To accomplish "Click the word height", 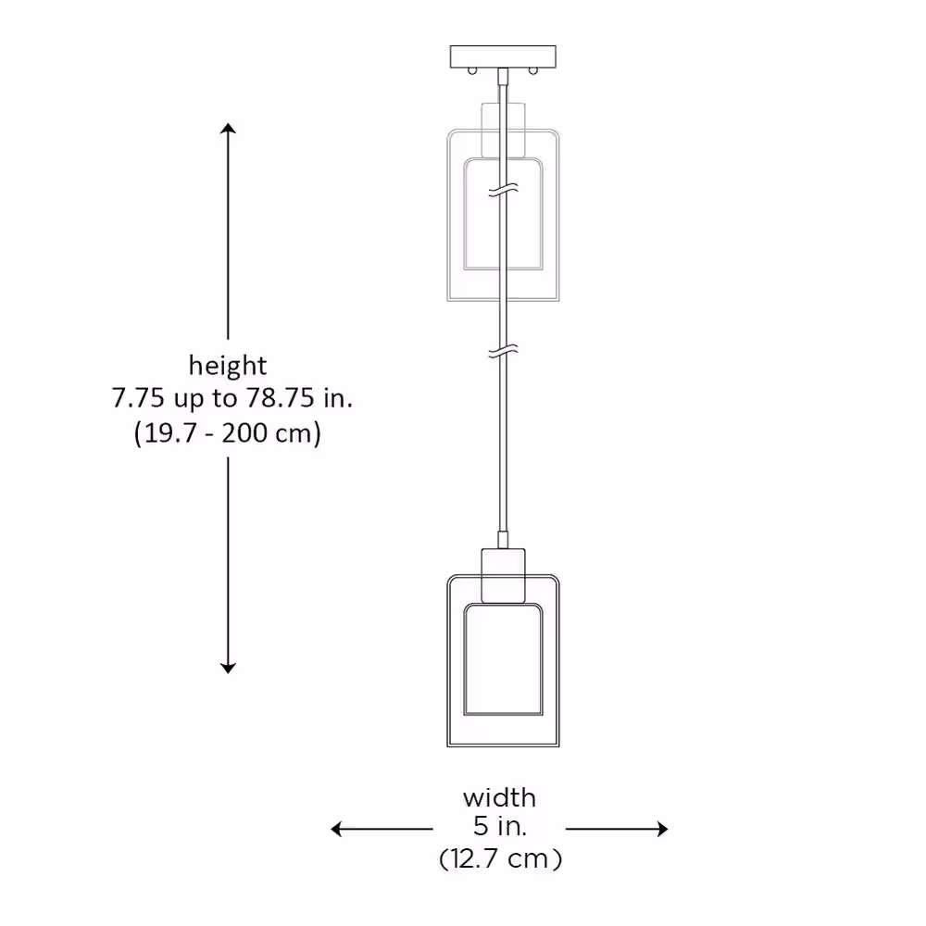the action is tap(228, 367).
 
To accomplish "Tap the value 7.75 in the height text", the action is tap(138, 398).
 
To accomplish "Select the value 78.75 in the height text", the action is tap(280, 398).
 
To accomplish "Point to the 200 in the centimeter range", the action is tap(244, 432).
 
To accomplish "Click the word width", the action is tap(500, 798).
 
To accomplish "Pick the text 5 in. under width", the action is tap(500, 826).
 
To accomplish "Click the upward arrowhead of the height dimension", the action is tap(228, 129).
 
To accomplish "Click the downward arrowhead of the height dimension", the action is tap(228, 668).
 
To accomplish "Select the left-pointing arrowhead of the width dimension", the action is tap(336, 829).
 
